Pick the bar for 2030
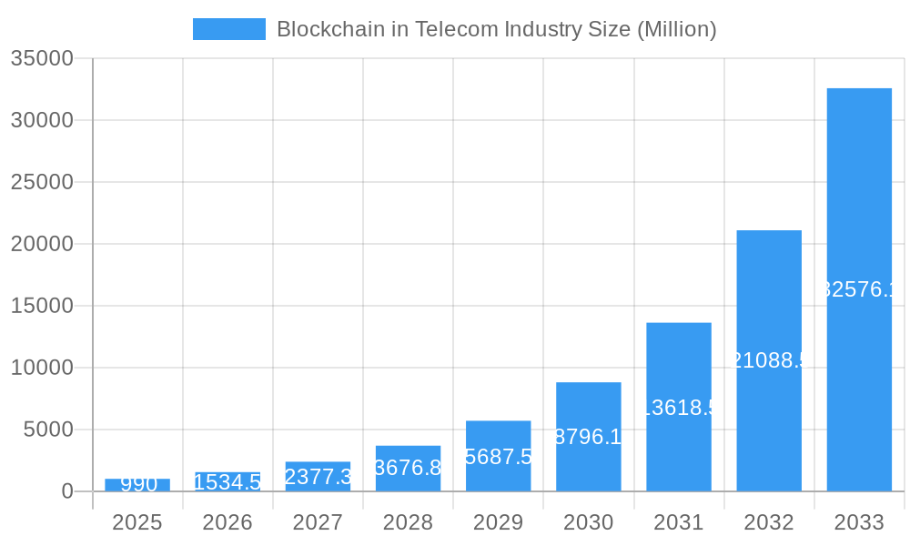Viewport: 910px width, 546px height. pyautogui.click(x=589, y=437)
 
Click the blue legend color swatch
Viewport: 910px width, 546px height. pyautogui.click(x=229, y=29)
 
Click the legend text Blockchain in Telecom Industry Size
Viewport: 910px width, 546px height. pyautogui.click(x=496, y=29)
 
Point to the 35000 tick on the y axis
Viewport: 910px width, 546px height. pyautogui.click(x=42, y=58)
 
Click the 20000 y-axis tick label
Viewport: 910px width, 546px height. pyautogui.click(x=42, y=244)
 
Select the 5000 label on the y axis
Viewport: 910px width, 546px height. pyautogui.click(x=47, y=430)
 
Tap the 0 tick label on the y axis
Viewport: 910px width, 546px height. pyautogui.click(x=67, y=491)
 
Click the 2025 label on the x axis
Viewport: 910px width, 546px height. pyautogui.click(x=137, y=522)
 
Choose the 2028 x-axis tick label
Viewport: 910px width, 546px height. pyautogui.click(x=408, y=522)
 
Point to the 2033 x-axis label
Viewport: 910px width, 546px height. pyautogui.click(x=859, y=522)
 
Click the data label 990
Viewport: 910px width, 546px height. pyautogui.click(x=138, y=484)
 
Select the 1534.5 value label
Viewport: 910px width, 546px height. pyautogui.click(x=227, y=482)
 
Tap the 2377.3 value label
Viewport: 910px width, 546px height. pyautogui.click(x=318, y=477)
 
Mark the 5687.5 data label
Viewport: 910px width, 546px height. pyautogui.click(x=498, y=457)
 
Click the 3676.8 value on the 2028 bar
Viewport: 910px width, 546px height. pyautogui.click(x=408, y=468)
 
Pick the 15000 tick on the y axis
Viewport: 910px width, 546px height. pyautogui.click(x=42, y=306)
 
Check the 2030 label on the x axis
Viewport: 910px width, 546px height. pyautogui.click(x=589, y=522)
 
